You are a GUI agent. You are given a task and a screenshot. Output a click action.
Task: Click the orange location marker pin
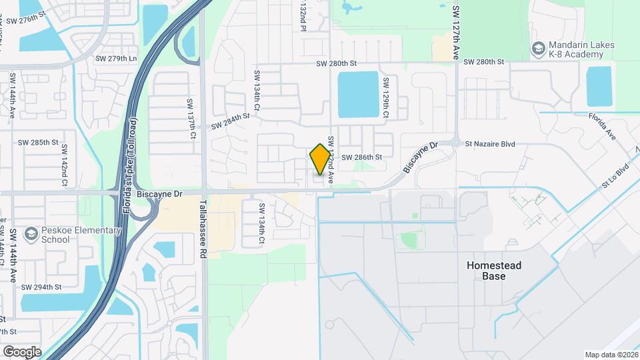point(320,159)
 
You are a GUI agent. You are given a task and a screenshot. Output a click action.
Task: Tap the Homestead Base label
point(494,271)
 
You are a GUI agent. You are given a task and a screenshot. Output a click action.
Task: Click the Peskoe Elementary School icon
point(30,234)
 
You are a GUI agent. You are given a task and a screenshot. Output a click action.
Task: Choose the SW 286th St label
point(361,157)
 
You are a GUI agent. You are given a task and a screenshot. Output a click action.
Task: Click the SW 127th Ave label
point(457,33)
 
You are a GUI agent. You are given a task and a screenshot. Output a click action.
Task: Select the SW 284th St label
point(230,121)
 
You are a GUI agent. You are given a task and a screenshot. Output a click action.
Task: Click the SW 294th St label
point(41,287)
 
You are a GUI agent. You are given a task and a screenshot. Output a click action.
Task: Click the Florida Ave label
point(603,126)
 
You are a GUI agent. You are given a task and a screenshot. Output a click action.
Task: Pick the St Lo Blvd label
point(615,174)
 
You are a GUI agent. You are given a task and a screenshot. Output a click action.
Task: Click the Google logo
point(22,351)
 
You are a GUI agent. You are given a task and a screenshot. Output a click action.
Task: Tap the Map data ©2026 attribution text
point(611,355)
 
